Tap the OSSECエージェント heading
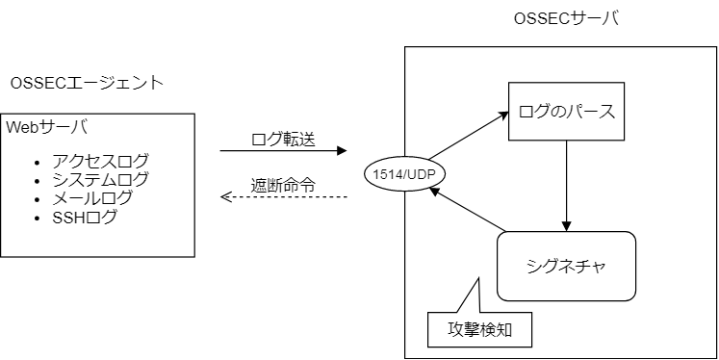point(87,83)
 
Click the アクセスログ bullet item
point(100,160)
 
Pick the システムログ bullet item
point(100,179)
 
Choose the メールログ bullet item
point(92,198)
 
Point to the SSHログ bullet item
point(85,218)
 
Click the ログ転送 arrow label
point(282,137)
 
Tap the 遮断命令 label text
point(282,184)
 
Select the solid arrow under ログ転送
point(283,151)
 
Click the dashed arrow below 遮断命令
point(283,197)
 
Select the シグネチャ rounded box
point(567,266)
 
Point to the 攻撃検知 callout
point(478,329)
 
